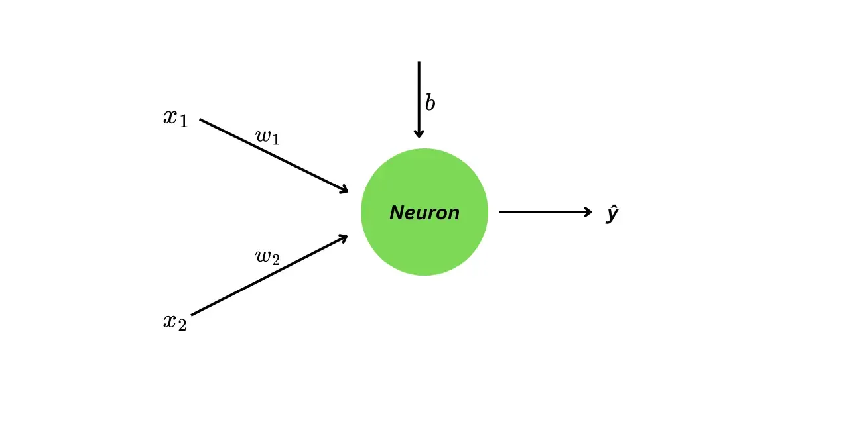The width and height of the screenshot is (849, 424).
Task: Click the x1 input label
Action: (x=176, y=118)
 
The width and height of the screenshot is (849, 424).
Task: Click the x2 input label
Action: (x=175, y=322)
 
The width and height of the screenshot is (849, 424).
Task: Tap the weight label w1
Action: (x=267, y=137)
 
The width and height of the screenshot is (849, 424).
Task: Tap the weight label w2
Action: (x=267, y=257)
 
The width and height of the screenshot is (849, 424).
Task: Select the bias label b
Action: (x=430, y=103)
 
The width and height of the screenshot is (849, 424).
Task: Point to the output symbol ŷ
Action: (x=612, y=214)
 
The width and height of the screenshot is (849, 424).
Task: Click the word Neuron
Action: (x=424, y=213)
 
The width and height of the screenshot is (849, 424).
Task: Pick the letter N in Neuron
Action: (x=396, y=213)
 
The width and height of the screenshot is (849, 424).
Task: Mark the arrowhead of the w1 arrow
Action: (x=344, y=190)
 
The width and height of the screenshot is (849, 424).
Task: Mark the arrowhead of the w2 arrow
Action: (x=344, y=237)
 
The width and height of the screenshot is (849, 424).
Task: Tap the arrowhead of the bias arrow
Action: (x=419, y=134)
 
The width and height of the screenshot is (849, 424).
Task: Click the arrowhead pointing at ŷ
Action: (x=588, y=212)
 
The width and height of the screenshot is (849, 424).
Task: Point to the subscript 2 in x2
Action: (x=182, y=326)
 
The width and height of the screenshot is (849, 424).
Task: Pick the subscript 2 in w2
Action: (x=275, y=260)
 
